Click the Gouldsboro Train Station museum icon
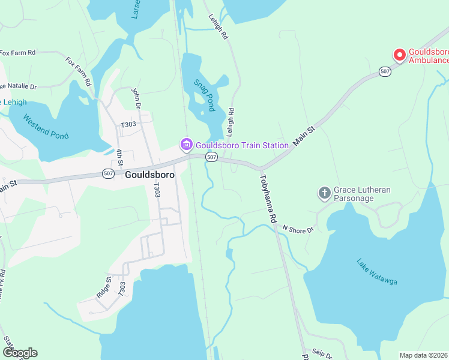186,145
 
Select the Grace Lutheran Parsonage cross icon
324,193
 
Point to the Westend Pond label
46,127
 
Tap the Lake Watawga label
377,272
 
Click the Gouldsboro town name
150,175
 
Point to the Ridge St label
104,287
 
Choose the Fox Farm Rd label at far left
18,53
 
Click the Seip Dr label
322,352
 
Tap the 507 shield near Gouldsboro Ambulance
385,71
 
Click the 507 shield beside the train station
211,157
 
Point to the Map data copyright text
424,355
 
